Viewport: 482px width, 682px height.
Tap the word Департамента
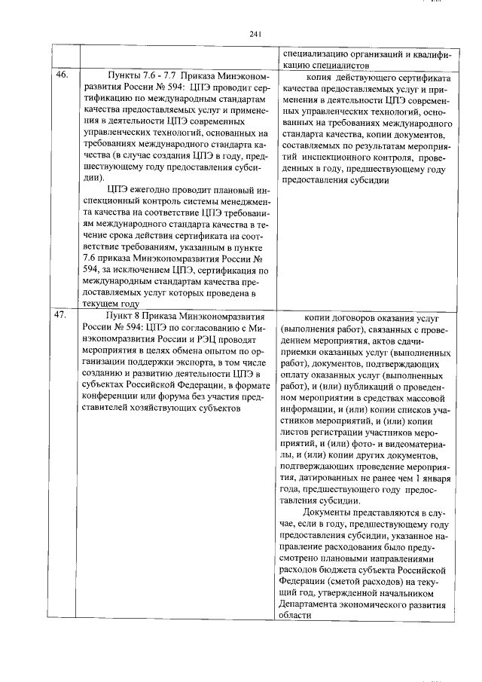(309, 604)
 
